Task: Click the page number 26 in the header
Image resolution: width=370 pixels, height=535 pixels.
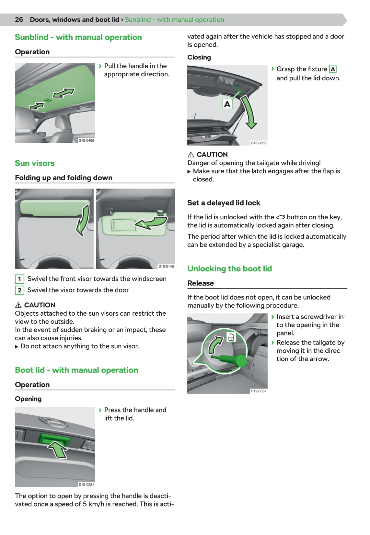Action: pos(19,20)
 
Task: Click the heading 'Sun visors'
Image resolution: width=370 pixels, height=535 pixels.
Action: pos(35,163)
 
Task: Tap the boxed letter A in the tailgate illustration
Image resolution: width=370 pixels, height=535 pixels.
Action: pos(227,104)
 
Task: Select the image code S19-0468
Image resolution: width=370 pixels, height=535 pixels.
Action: pos(86,140)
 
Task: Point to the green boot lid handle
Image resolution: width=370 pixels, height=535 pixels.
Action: pos(54,439)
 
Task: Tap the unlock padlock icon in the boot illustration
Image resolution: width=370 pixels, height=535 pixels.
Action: pos(231,337)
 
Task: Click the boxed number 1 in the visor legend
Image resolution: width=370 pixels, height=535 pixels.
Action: pos(19,279)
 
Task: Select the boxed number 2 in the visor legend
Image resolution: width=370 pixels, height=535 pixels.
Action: pos(19,290)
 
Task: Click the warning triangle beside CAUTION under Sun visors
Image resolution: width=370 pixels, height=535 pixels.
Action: pos(18,305)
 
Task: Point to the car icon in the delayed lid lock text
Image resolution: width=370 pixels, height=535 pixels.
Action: pos(280,217)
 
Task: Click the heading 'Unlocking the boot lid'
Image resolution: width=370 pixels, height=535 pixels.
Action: pos(230,269)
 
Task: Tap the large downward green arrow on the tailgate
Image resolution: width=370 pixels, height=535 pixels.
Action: pos(249,112)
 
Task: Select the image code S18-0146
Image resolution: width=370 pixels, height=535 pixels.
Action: pos(166,266)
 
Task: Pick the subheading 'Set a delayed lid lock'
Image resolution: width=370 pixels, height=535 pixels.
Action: pos(224,203)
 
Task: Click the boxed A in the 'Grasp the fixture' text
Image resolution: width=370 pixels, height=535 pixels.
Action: pos(333,69)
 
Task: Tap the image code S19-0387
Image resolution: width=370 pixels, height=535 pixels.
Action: pos(259,391)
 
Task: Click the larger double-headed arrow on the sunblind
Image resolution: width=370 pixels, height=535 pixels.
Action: pos(64,93)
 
